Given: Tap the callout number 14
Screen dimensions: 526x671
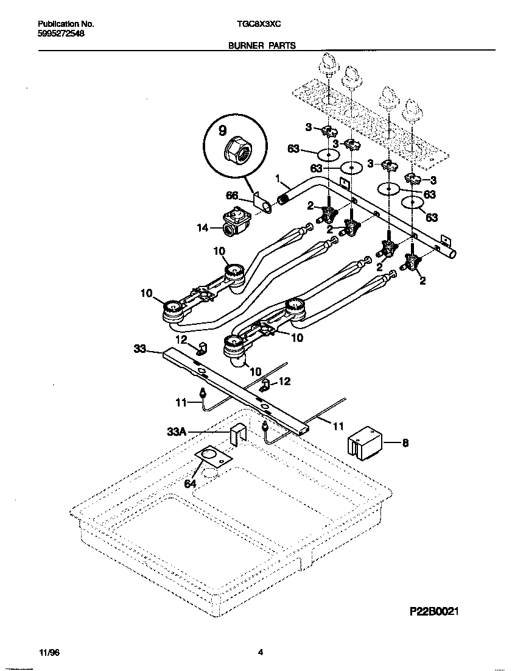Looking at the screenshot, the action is tap(203, 228).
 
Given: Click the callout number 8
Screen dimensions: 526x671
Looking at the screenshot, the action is tap(405, 443).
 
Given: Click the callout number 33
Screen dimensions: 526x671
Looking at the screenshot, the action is tap(140, 349).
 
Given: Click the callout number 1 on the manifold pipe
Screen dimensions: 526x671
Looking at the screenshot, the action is tap(278, 179).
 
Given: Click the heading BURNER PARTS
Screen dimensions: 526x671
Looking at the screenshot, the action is tap(262, 45).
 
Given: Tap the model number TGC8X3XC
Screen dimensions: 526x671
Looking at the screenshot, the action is tap(258, 24).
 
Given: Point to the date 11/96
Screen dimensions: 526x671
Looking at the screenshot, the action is tap(47, 652).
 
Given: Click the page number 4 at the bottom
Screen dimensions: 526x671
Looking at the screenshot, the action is tap(260, 652).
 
